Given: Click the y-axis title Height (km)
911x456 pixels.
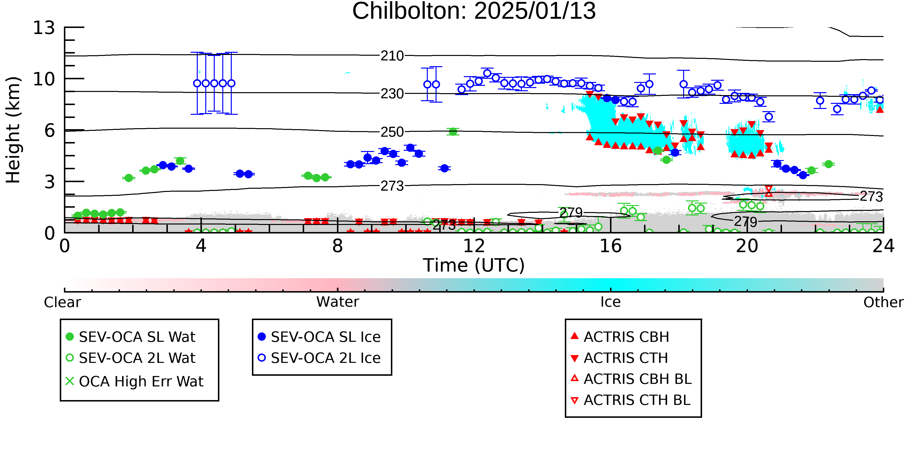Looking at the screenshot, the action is pos(13,130).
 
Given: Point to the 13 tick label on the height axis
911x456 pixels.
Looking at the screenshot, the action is pos(44,28).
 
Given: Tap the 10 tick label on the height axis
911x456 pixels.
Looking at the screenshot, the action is pos(44,79).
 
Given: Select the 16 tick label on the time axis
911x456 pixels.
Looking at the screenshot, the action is pos(610,246).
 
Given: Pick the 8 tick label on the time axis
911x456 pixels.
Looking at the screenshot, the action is pos(337,246).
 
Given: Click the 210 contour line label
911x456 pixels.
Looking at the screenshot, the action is pos(392,56).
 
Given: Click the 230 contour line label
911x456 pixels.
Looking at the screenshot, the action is pos(392,94).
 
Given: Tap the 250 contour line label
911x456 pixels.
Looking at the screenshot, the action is pos(392,132).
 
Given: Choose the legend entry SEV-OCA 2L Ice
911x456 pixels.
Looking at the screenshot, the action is pos(320,358).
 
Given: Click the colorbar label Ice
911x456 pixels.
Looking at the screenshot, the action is pos(610,302).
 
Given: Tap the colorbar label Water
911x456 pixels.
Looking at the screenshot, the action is pos(337,302).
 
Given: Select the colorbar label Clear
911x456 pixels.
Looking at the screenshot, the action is pos(62,302).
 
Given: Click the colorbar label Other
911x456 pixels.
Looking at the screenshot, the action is pos(883,302).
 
